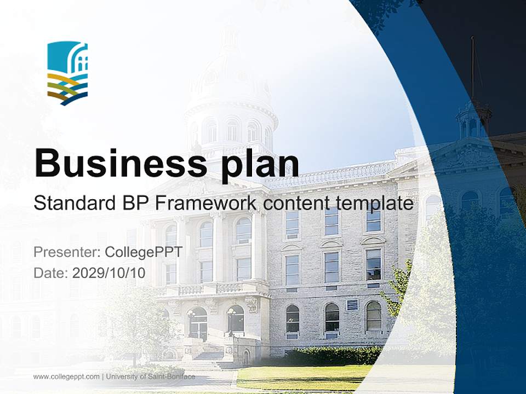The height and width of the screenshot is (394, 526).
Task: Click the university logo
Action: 67,73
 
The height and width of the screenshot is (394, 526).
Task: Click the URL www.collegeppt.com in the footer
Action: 66,376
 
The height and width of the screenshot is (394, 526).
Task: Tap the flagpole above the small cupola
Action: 472,66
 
